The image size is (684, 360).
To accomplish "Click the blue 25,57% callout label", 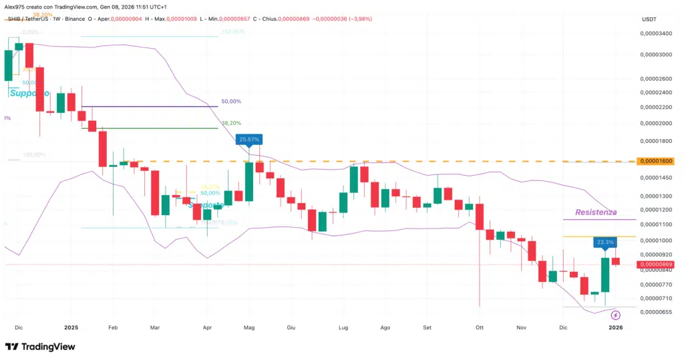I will [249, 140].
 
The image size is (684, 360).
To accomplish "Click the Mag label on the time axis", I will [250, 328].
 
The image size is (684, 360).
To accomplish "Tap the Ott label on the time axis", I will [479, 328].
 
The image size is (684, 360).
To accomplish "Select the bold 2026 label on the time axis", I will [615, 328].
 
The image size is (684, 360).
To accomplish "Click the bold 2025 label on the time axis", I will [71, 328].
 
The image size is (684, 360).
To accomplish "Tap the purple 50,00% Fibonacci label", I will [230, 102].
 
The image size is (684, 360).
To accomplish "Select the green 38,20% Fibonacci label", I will [230, 124].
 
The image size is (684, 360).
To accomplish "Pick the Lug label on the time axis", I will [344, 328].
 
